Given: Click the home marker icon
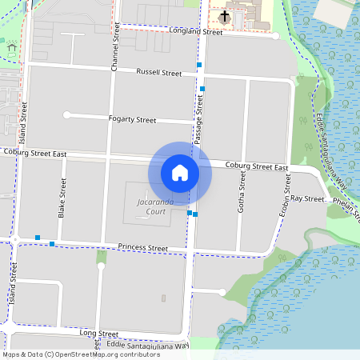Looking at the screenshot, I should click(x=179, y=172).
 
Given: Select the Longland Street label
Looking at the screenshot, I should click(x=196, y=32).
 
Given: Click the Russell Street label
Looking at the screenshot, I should click(x=159, y=72).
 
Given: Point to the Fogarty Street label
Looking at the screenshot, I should click(x=132, y=119).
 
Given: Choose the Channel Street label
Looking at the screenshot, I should click(x=116, y=48).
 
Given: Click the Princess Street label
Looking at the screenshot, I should click(x=142, y=248).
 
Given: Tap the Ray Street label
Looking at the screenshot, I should click(x=306, y=198).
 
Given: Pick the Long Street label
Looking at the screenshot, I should click(x=99, y=333).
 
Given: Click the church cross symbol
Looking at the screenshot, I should click(x=225, y=16).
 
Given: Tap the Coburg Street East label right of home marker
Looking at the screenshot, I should click(x=256, y=167).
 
